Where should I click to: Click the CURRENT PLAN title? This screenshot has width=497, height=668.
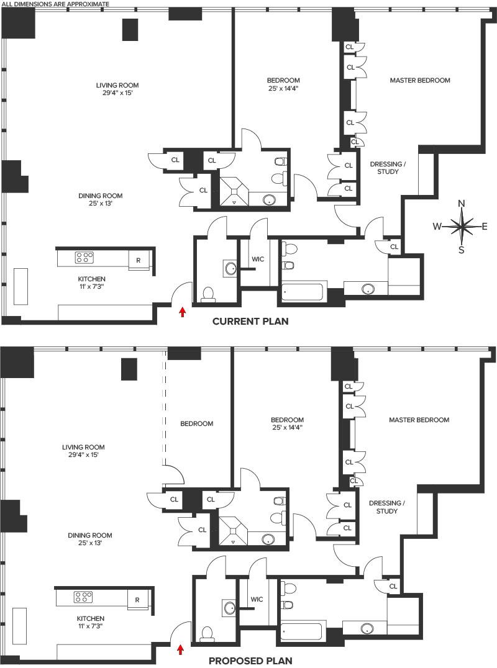250,321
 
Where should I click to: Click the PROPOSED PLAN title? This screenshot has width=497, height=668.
250,661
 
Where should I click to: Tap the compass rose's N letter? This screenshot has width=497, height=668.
461,204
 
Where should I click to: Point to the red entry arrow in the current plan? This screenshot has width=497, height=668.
183,312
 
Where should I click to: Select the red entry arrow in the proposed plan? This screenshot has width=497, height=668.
181,649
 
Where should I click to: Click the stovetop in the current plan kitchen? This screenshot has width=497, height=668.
84,257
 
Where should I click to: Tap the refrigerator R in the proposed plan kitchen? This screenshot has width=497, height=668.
137,600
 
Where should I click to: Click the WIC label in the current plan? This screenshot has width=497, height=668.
258,259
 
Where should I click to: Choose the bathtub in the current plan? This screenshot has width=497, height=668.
304,292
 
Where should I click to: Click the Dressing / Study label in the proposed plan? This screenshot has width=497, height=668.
387,507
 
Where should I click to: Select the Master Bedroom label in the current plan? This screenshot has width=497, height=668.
420,80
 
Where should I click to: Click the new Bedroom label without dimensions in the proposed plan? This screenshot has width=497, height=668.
196,423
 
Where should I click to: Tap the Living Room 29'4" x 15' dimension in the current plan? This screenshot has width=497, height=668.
117,93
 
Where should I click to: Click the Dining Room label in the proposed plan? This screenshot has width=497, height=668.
90,536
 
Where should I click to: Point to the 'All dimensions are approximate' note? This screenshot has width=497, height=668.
56,4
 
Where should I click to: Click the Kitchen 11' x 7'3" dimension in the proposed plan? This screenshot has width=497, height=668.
91,626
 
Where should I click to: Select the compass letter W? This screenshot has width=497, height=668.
437,227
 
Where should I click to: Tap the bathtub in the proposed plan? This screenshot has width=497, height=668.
302,631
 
